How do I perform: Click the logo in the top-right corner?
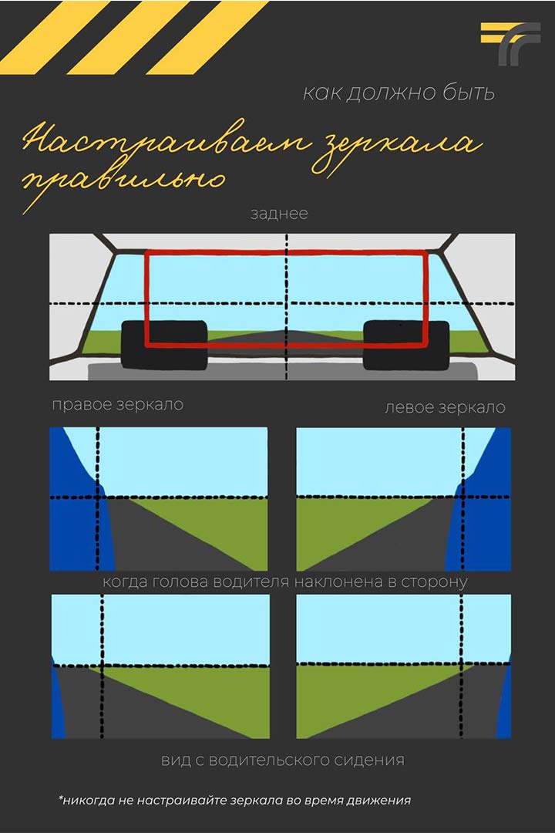tap(510, 43)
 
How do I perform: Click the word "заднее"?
tap(279, 214)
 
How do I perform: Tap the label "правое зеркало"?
tap(118, 405)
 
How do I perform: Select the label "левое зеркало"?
tap(445, 407)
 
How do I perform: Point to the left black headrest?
tap(164, 345)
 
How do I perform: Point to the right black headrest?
tap(406, 345)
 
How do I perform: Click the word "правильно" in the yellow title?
tap(123, 182)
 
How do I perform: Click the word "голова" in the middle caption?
tap(180, 582)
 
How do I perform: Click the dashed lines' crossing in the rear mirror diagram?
tap(287, 304)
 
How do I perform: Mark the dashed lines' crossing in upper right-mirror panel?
tap(98, 497)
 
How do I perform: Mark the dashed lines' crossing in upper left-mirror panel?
tap(463, 497)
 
